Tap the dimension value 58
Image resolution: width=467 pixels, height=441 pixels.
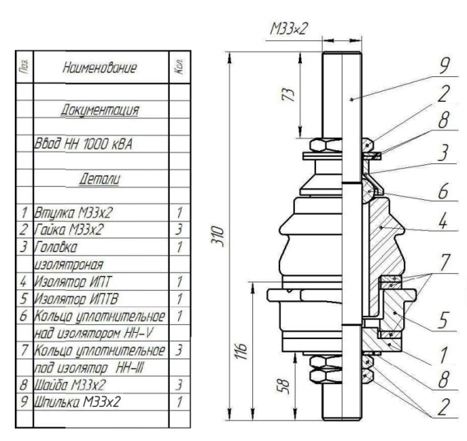coord(287,387)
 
